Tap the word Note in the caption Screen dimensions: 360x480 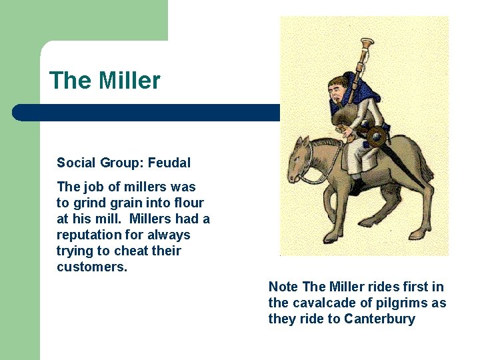pos(283,287)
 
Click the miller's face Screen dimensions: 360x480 pos(339,93)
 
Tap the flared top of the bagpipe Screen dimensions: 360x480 pos(366,45)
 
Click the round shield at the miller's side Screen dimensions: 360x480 pos(377,135)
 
